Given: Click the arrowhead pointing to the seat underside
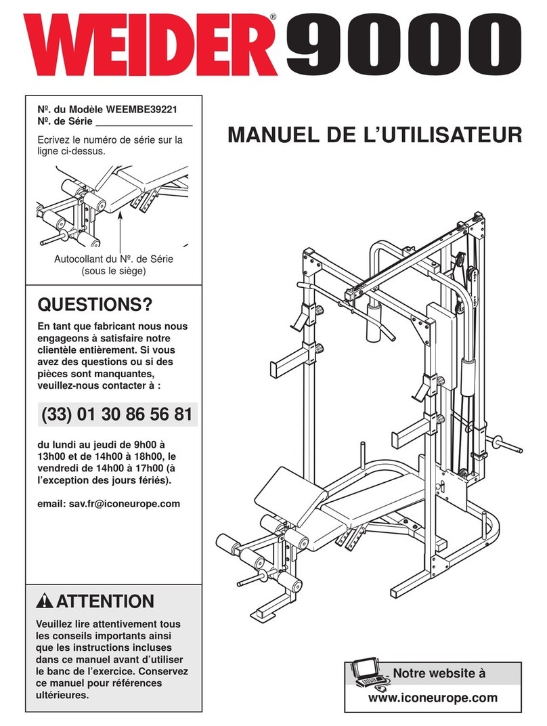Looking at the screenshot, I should tap(120, 212).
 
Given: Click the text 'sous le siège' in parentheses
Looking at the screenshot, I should tap(113, 272).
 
